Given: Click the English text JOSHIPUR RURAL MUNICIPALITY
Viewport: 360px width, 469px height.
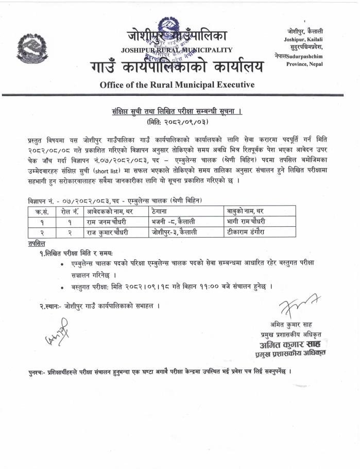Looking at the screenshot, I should tap(177, 50).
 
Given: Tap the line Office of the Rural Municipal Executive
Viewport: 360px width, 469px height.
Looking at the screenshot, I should tap(177, 84).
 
